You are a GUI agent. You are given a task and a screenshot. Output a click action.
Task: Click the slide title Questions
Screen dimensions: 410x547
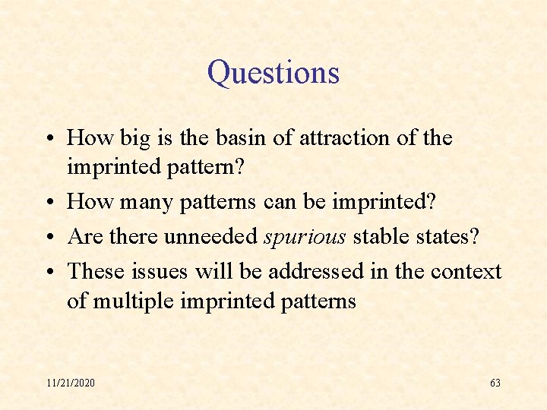[273, 74]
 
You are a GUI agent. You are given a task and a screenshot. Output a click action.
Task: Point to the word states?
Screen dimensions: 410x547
[448, 237]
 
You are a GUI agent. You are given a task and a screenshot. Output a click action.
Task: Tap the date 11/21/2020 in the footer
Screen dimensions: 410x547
[71, 383]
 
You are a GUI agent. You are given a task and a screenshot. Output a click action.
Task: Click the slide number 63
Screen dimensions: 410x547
[495, 383]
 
